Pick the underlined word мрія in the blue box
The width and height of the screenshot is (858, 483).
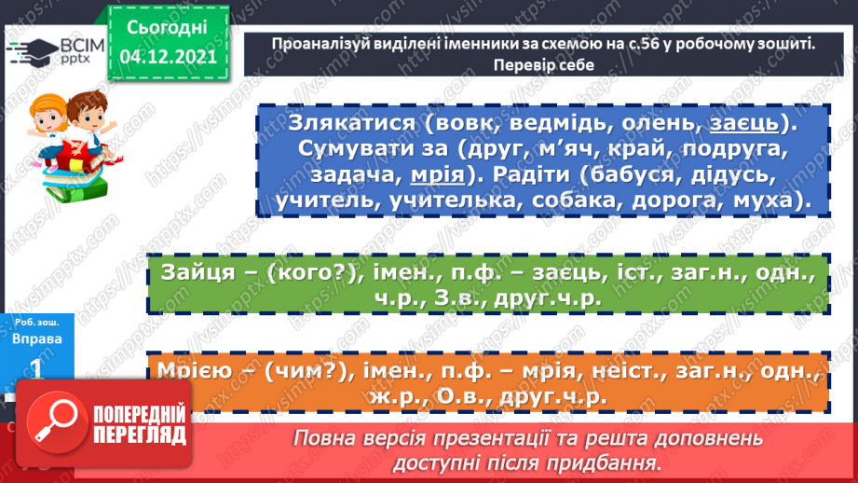(439, 176)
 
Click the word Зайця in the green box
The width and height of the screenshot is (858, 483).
(195, 272)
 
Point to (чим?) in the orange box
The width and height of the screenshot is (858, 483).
(304, 371)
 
